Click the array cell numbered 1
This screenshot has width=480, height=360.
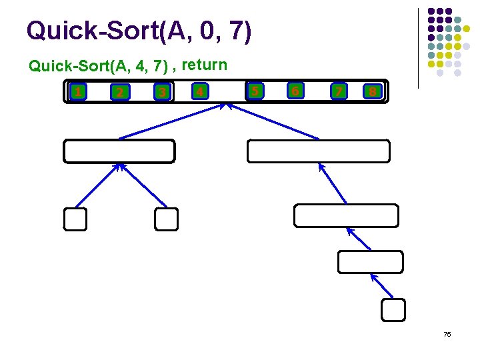[79, 91]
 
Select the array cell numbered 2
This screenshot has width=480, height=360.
[119, 92]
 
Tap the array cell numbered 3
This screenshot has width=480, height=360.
[161, 92]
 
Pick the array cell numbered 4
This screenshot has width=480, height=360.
[199, 91]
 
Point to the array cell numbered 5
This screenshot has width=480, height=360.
[254, 89]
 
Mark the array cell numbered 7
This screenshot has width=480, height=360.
[339, 90]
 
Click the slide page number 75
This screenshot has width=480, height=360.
[447, 333]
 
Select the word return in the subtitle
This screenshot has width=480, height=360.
[205, 65]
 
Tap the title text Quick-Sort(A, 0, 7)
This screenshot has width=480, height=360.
[139, 31]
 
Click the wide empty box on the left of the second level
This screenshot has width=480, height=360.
[119, 151]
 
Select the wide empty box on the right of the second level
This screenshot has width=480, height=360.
[318, 151]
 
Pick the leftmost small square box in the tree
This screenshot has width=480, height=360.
[75, 219]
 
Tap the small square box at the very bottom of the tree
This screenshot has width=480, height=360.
[393, 309]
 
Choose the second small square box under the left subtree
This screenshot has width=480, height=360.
[167, 219]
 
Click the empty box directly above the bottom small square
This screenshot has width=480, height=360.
[370, 262]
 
